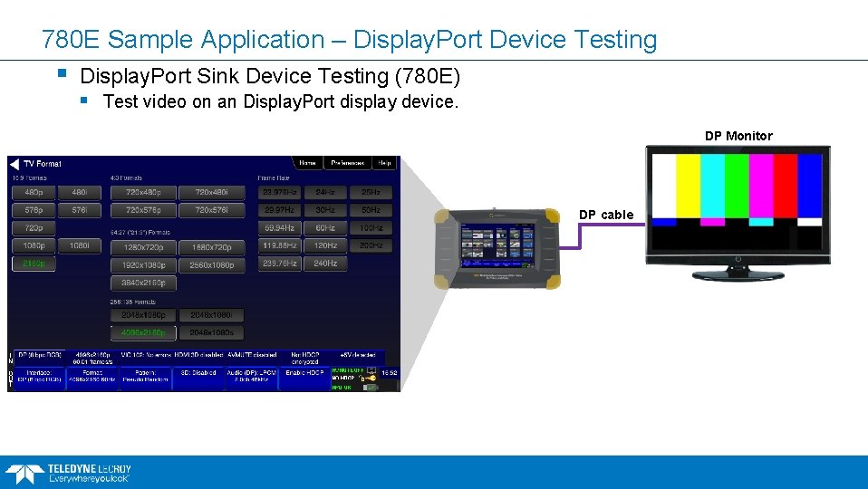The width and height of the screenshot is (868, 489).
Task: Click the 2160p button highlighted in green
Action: click(x=34, y=264)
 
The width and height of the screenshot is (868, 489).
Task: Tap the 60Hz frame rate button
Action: click(x=325, y=228)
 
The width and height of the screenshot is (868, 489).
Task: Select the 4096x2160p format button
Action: click(x=144, y=332)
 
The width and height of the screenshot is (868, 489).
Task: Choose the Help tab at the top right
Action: click(x=384, y=163)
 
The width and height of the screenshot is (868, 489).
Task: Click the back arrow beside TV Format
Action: click(x=14, y=164)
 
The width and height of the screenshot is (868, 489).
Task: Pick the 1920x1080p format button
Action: click(x=144, y=265)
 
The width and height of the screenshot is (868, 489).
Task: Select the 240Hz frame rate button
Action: click(x=325, y=264)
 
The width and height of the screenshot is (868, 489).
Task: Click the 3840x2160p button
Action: click(x=144, y=283)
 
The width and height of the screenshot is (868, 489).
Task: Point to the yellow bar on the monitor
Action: click(x=689, y=186)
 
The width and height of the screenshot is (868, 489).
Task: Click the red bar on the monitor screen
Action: click(x=785, y=186)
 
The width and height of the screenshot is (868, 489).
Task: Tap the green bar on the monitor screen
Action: click(x=737, y=186)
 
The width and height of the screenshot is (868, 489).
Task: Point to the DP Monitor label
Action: click(x=738, y=136)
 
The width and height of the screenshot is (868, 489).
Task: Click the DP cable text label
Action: click(x=606, y=215)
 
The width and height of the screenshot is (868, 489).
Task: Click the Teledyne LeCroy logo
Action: click(x=68, y=472)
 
